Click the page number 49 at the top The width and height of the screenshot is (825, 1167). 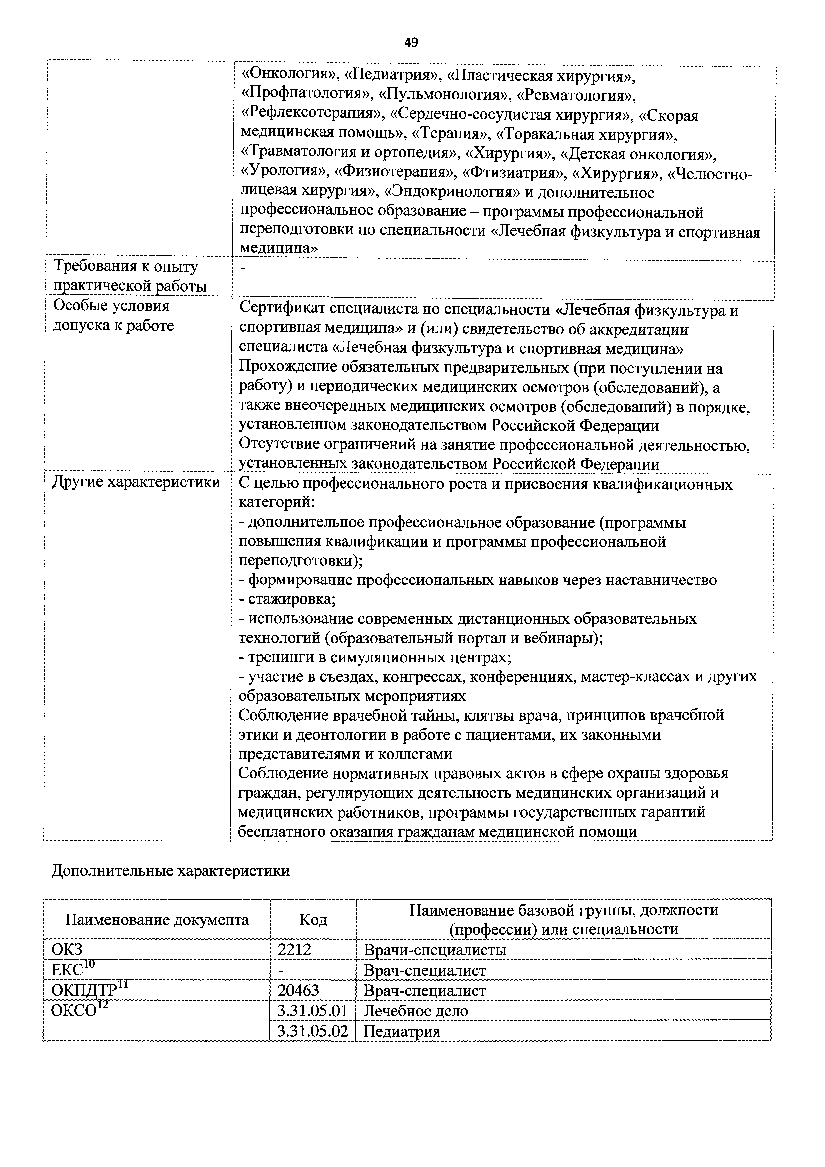[x=411, y=43]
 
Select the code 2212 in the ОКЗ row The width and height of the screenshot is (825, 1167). [x=294, y=949]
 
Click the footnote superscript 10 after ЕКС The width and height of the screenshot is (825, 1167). [x=89, y=964]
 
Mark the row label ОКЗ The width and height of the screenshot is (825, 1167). [x=67, y=949]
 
